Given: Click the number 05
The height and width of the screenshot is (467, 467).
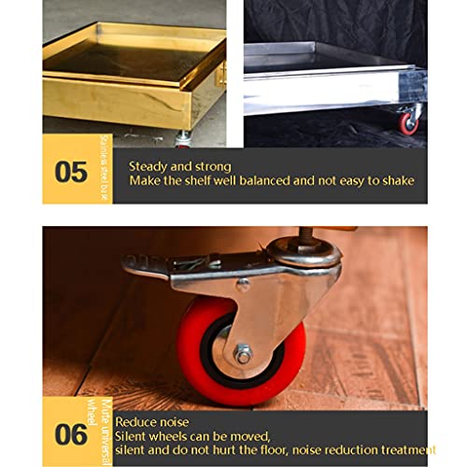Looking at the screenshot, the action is click(71, 172).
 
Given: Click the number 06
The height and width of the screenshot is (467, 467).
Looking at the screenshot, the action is click(71, 434).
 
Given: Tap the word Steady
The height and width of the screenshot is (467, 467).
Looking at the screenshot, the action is click(149, 167).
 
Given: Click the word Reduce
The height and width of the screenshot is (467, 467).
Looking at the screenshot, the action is click(134, 422).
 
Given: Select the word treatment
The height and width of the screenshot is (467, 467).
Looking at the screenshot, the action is click(408, 450).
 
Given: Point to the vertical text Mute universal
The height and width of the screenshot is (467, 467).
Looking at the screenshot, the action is click(106, 432).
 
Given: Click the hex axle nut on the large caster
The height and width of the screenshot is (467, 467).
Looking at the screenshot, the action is click(244, 354).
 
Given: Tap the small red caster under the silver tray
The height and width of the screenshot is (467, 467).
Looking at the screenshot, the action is click(409, 122).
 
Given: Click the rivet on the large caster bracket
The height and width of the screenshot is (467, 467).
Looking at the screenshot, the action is click(243, 284).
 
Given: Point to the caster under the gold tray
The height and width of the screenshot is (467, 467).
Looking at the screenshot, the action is click(183, 139).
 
